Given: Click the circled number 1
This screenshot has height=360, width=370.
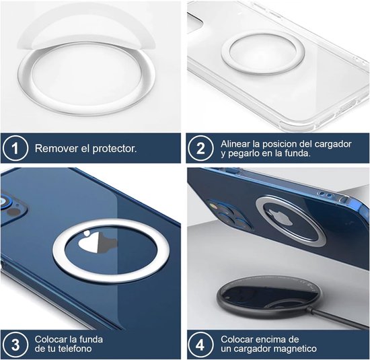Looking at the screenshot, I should [15, 148].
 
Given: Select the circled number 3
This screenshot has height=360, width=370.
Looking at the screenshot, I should [15, 344].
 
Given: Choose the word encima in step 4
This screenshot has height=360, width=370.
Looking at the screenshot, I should [273, 338].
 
